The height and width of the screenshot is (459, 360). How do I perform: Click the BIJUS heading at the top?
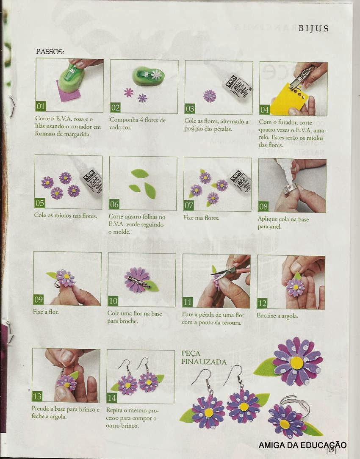click(313, 28)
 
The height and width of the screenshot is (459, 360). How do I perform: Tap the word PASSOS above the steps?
click(50, 52)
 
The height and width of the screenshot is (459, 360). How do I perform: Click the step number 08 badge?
click(263, 206)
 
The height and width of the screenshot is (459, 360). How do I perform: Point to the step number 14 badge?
click(111, 398)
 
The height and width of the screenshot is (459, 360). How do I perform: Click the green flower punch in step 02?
click(148, 76)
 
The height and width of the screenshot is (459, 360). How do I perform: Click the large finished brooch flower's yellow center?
click(297, 363)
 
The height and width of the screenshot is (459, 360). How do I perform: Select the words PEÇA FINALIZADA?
click(204, 357)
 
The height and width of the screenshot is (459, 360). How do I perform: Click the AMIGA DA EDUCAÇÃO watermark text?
click(303, 445)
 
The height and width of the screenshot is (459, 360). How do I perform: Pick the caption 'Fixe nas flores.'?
click(201, 218)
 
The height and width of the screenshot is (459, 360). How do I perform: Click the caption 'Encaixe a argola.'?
click(277, 316)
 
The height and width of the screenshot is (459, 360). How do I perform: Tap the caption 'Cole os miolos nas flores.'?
click(66, 215)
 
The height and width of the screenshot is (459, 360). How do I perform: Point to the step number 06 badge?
click(114, 204)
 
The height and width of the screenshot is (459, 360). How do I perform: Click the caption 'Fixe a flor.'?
click(46, 312)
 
